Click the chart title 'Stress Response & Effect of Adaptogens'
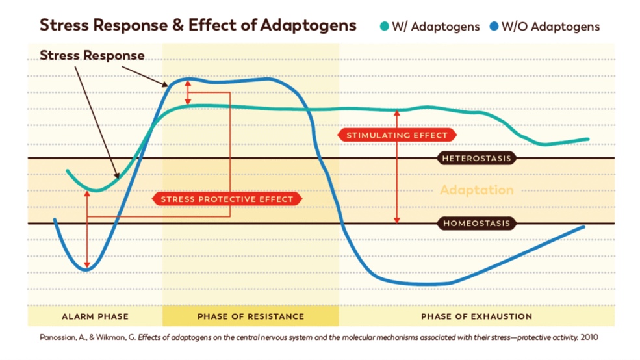click(198, 25)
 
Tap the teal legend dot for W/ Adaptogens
click(384, 27)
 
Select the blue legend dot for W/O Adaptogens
click(494, 27)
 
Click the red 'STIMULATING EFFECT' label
click(396, 135)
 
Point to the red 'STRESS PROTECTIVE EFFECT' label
click(227, 199)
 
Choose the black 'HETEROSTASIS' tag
click(477, 159)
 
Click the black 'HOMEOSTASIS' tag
click(477, 224)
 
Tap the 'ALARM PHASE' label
click(95, 316)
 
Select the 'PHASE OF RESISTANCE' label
click(250, 316)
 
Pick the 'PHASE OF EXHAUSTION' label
click(476, 316)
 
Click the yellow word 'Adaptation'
click(476, 190)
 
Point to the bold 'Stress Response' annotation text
click(92, 55)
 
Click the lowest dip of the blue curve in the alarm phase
click(88, 269)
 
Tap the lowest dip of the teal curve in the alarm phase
click(95, 190)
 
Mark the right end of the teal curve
click(587, 139)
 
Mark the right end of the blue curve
click(583, 227)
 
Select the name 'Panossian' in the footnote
click(54, 337)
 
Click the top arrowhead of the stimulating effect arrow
click(398, 112)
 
